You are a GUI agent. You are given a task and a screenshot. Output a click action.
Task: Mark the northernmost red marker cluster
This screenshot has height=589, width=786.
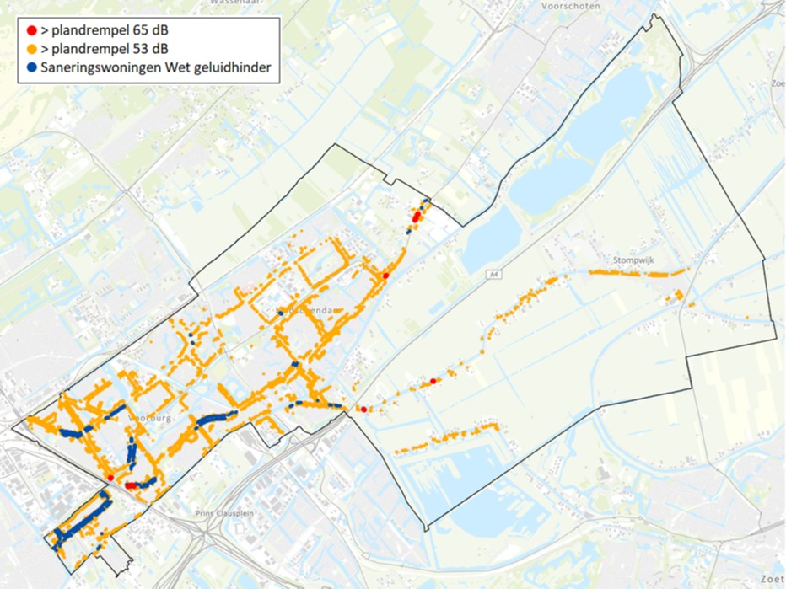(416, 217)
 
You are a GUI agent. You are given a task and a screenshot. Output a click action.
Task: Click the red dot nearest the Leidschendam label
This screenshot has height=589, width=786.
(385, 276)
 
